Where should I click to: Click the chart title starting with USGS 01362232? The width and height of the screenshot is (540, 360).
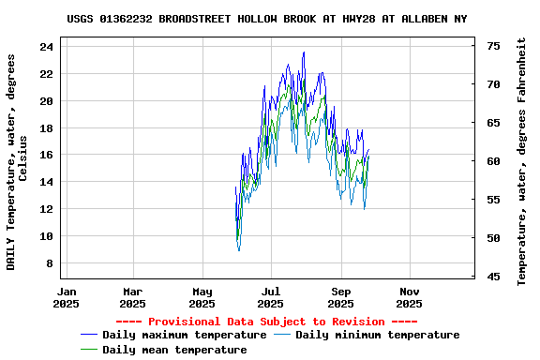click(267, 19)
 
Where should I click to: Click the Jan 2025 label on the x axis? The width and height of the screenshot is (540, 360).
click(66, 297)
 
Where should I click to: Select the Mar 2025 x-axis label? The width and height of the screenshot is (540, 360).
click(133, 297)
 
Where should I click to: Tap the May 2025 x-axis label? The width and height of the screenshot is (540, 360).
click(202, 297)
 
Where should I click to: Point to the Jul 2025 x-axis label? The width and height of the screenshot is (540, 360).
click(271, 297)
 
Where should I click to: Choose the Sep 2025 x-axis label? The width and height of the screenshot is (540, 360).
click(341, 297)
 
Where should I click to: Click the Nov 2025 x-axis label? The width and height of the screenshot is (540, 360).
click(410, 297)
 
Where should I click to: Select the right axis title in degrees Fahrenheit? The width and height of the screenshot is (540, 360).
click(522, 161)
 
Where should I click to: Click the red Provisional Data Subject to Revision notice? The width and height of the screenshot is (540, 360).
click(267, 322)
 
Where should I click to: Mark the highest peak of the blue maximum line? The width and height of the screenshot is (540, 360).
click(304, 52)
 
